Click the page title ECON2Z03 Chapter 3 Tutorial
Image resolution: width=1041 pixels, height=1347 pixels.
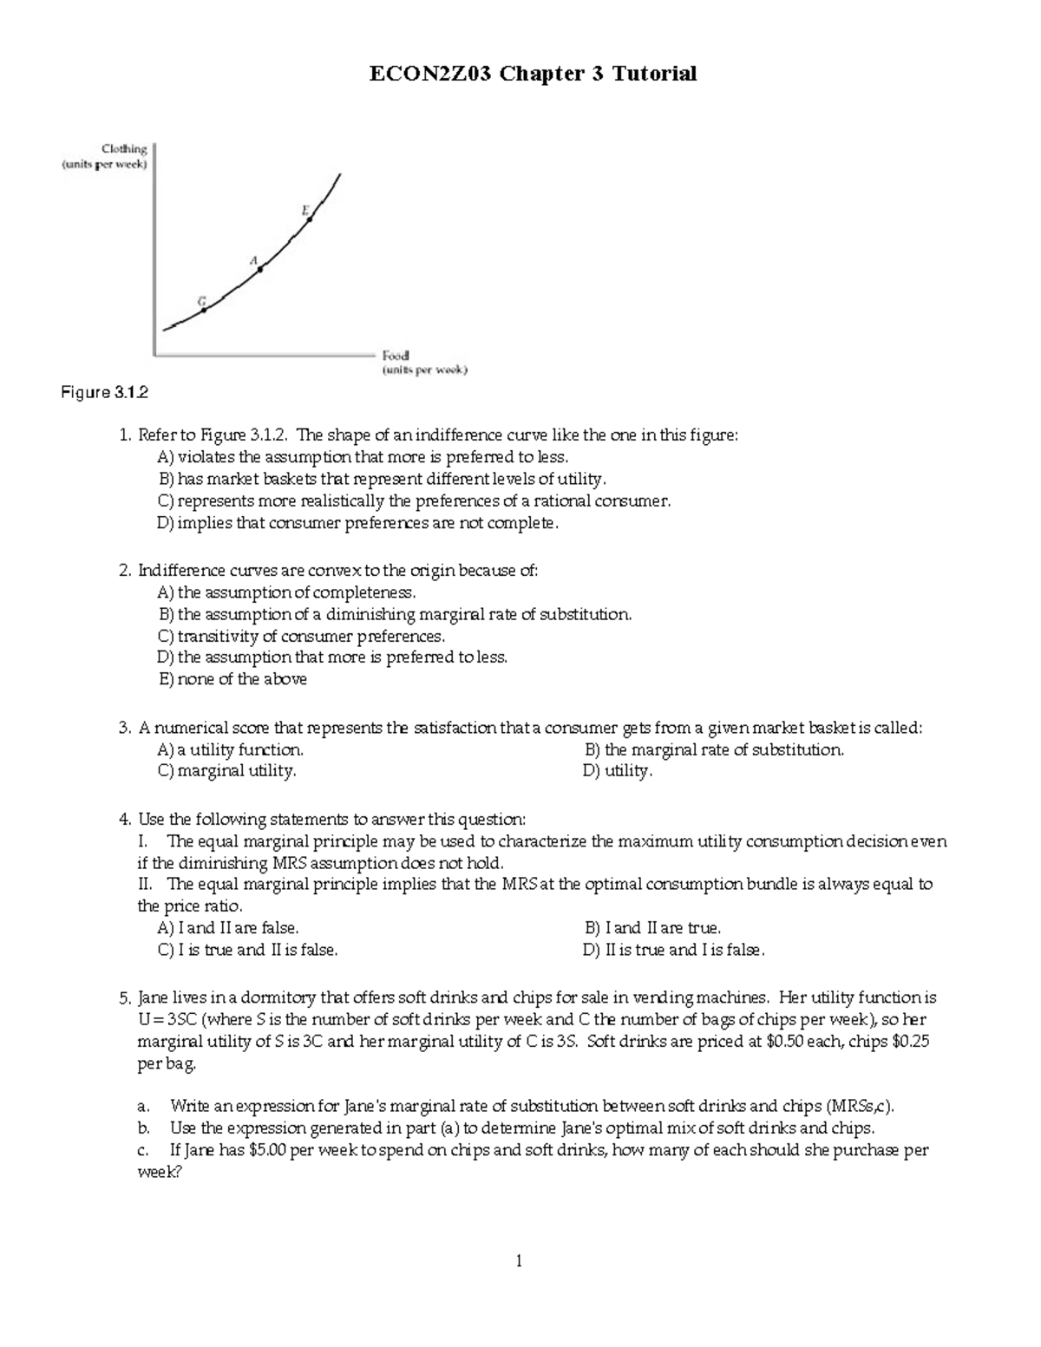pyautogui.click(x=533, y=75)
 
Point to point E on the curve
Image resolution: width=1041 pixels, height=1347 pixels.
pyautogui.click(x=310, y=219)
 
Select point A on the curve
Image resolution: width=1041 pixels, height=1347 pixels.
pyautogui.click(x=259, y=269)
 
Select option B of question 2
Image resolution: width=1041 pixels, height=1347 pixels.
pyautogui.click(x=395, y=614)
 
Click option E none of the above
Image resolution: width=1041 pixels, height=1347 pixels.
pyautogui.click(x=232, y=679)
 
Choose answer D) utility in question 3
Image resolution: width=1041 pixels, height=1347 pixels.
pyautogui.click(x=618, y=770)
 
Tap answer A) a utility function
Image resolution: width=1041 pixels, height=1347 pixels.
pyautogui.click(x=230, y=749)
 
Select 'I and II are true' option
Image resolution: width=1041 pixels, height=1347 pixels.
pyautogui.click(x=652, y=928)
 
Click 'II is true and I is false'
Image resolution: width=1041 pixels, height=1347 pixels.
pyautogui.click(x=674, y=950)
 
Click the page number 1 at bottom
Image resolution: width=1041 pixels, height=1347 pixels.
pyautogui.click(x=519, y=1262)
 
